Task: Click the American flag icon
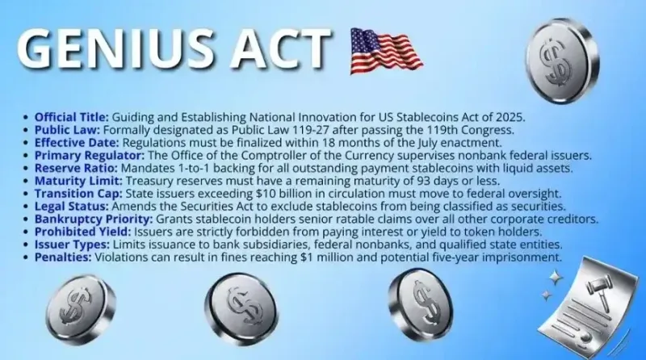[x=386, y=51]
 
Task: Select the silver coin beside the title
[x=562, y=61]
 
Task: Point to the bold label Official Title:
[x=72, y=117]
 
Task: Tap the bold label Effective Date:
[x=77, y=143]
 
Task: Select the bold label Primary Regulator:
[x=90, y=155]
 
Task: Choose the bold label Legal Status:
[x=71, y=206]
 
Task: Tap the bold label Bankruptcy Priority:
[x=94, y=219]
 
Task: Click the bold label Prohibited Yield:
[x=82, y=232]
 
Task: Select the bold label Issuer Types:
[x=72, y=245]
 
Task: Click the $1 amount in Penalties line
[x=307, y=257]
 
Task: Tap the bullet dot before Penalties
[x=26, y=257]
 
